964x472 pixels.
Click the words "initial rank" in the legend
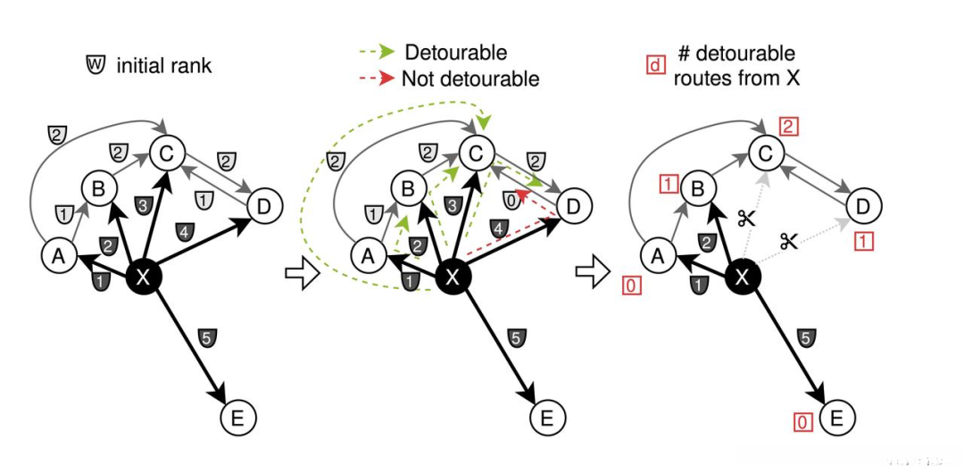(x=163, y=66)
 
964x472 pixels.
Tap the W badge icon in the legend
(x=96, y=64)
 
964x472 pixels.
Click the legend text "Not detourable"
(x=470, y=79)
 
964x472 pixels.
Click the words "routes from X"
(x=737, y=78)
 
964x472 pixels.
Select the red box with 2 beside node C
(x=787, y=128)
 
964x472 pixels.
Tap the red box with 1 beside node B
(x=669, y=183)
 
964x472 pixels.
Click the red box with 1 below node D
(x=863, y=242)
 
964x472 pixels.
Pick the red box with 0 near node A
(x=630, y=286)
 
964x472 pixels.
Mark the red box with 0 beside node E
(x=802, y=422)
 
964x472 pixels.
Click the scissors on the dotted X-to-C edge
(x=745, y=217)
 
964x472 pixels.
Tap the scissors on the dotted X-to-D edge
(x=788, y=241)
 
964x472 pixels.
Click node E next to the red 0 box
(x=836, y=418)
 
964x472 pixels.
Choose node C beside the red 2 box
(x=766, y=151)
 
